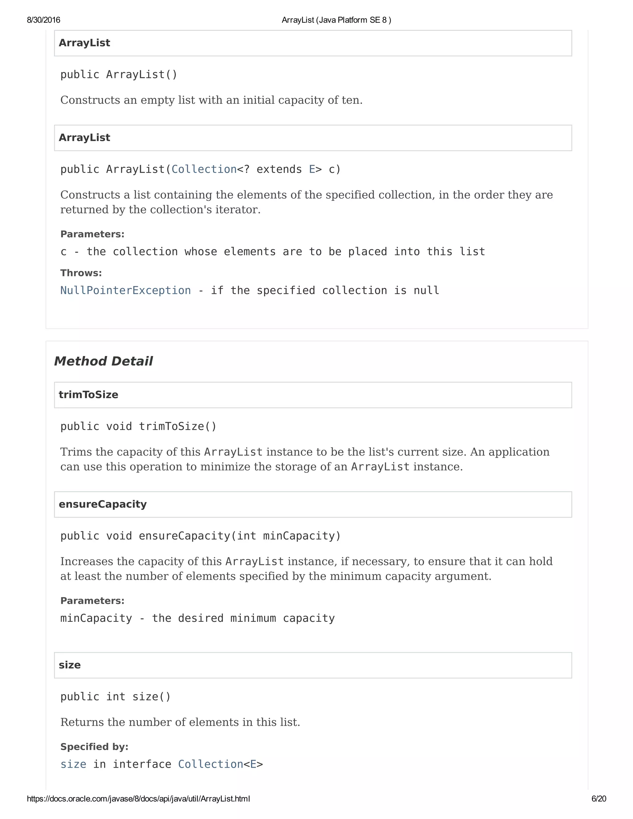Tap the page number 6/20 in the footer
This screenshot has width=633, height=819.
(x=598, y=799)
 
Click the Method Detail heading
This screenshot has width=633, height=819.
(x=104, y=361)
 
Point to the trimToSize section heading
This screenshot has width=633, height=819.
(x=88, y=394)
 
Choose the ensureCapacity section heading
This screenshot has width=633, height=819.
(x=103, y=504)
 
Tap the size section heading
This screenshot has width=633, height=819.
(x=70, y=665)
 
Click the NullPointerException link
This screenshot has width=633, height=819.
(x=125, y=290)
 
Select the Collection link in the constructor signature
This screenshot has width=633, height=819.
(x=204, y=169)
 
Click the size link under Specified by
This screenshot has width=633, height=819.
(x=73, y=764)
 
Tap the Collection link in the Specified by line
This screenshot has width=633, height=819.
(x=210, y=764)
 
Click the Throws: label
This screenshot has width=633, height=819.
(x=81, y=273)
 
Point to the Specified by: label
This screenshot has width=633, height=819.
(x=94, y=747)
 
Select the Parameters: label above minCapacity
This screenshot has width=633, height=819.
(x=92, y=601)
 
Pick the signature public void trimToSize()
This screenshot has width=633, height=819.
(x=138, y=426)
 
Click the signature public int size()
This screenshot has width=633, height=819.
(x=116, y=697)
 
